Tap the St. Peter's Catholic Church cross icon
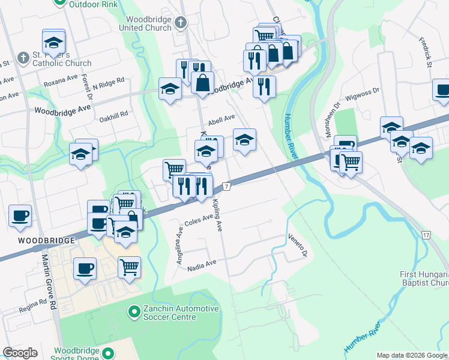click(x=23, y=58)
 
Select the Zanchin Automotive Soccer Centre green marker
click(x=134, y=312)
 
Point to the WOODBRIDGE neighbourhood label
click(x=37, y=240)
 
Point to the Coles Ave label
click(x=199, y=221)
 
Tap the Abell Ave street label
click(x=221, y=119)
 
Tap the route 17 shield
click(x=426, y=235)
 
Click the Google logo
click(x=20, y=353)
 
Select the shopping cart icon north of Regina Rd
click(x=129, y=267)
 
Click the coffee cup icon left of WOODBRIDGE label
click(x=20, y=216)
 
